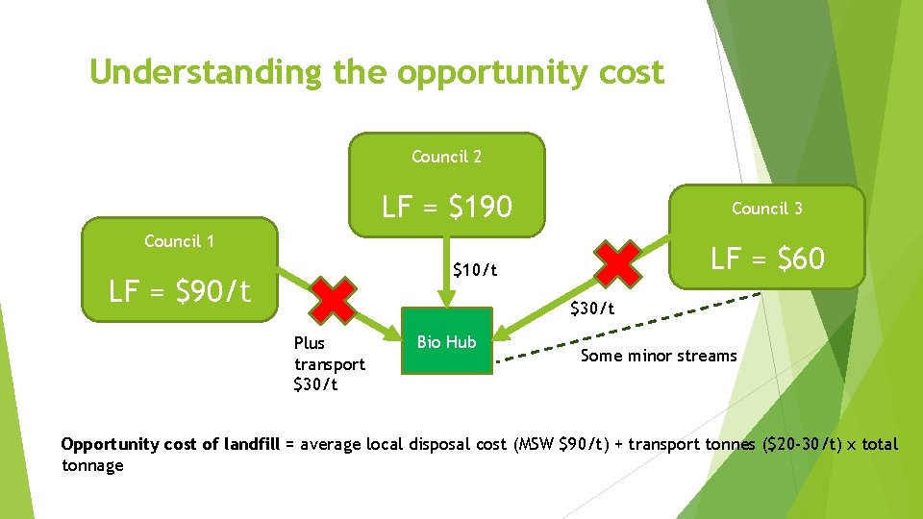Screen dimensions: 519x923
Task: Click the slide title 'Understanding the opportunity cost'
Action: (376, 72)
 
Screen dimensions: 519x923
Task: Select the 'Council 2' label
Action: (446, 157)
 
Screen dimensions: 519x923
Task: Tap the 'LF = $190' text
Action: (446, 207)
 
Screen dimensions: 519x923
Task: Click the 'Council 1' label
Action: (179, 241)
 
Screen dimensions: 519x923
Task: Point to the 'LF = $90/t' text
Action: (179, 290)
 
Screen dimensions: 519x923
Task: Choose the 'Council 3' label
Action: (766, 209)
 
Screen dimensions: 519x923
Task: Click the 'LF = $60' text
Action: (766, 258)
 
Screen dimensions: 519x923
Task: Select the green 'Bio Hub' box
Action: (446, 342)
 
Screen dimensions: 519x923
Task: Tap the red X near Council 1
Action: (334, 300)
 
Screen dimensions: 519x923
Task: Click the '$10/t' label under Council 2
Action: (475, 270)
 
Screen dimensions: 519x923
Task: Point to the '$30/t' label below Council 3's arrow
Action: (591, 309)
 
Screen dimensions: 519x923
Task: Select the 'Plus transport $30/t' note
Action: (329, 364)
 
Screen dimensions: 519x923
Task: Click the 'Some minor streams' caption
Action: (658, 357)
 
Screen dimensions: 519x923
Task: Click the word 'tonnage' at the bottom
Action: (92, 466)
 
